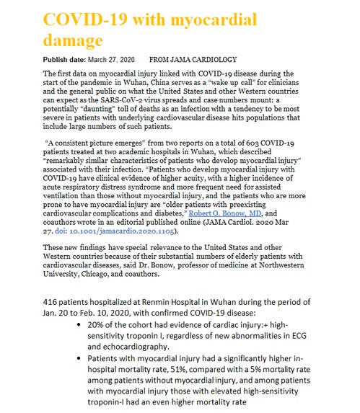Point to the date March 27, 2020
coord(115,59)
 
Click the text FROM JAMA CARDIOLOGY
coord(192,59)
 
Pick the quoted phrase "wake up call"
coord(236,84)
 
